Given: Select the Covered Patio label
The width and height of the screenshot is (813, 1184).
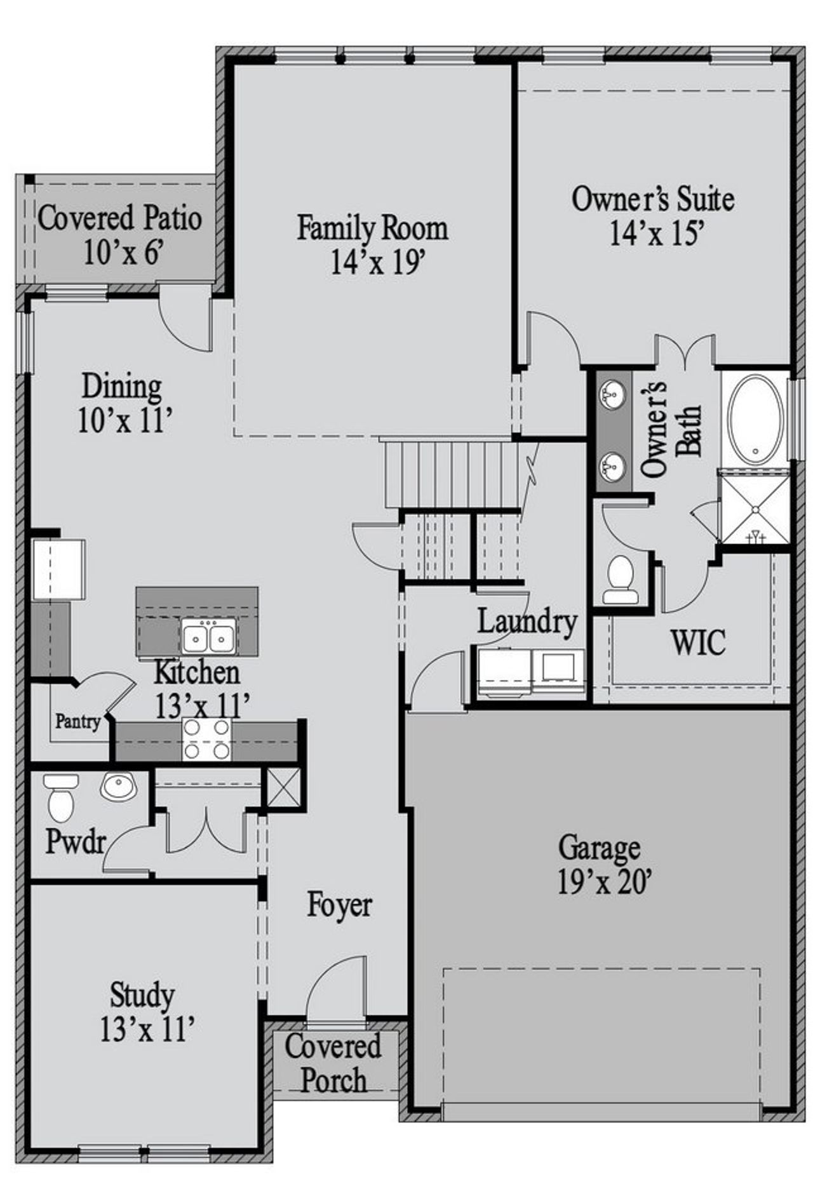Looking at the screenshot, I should (120, 218).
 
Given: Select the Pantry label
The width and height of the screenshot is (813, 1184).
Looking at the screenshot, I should (77, 722).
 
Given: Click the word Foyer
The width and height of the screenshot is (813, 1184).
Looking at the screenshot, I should (339, 905).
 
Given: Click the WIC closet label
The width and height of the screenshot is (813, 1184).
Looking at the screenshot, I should (698, 642).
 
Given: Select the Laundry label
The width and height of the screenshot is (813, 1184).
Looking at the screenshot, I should (527, 622).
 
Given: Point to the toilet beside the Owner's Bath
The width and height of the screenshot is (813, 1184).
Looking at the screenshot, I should (620, 580).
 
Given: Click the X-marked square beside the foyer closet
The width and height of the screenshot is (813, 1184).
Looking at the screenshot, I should (283, 787).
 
